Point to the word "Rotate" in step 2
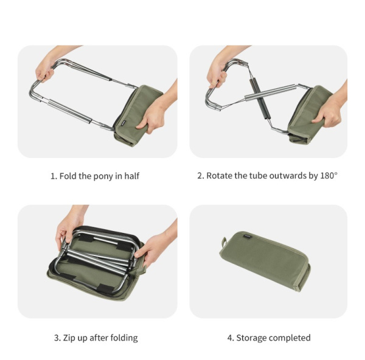click(220, 176)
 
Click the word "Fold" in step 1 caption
click(69, 176)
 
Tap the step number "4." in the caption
click(230, 337)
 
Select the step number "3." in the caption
click(57, 337)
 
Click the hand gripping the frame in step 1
click(44, 71)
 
